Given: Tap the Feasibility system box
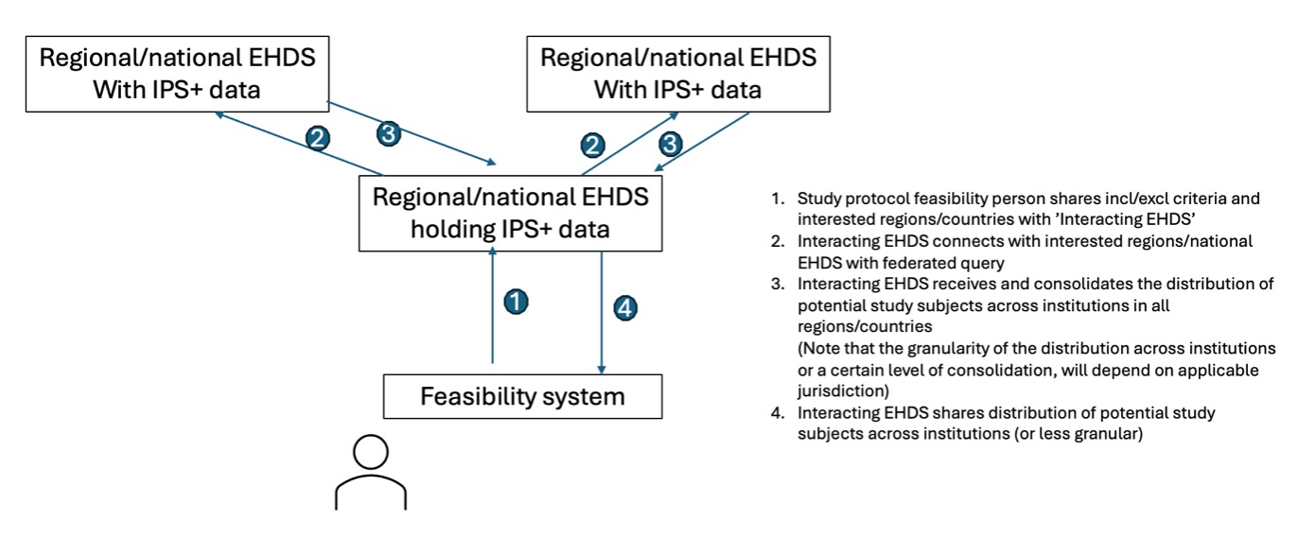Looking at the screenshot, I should [x=522, y=396].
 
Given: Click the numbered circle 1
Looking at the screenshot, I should [x=515, y=302].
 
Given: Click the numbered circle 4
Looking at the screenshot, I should [x=626, y=307].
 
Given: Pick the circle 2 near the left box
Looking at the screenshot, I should [x=319, y=139].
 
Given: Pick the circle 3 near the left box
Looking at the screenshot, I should [x=388, y=133].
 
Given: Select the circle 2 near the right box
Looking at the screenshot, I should [x=593, y=145].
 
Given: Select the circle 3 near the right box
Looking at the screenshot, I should [x=670, y=145].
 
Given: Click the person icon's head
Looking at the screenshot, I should [x=370, y=453].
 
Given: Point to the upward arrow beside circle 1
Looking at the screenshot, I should [x=493, y=303].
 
